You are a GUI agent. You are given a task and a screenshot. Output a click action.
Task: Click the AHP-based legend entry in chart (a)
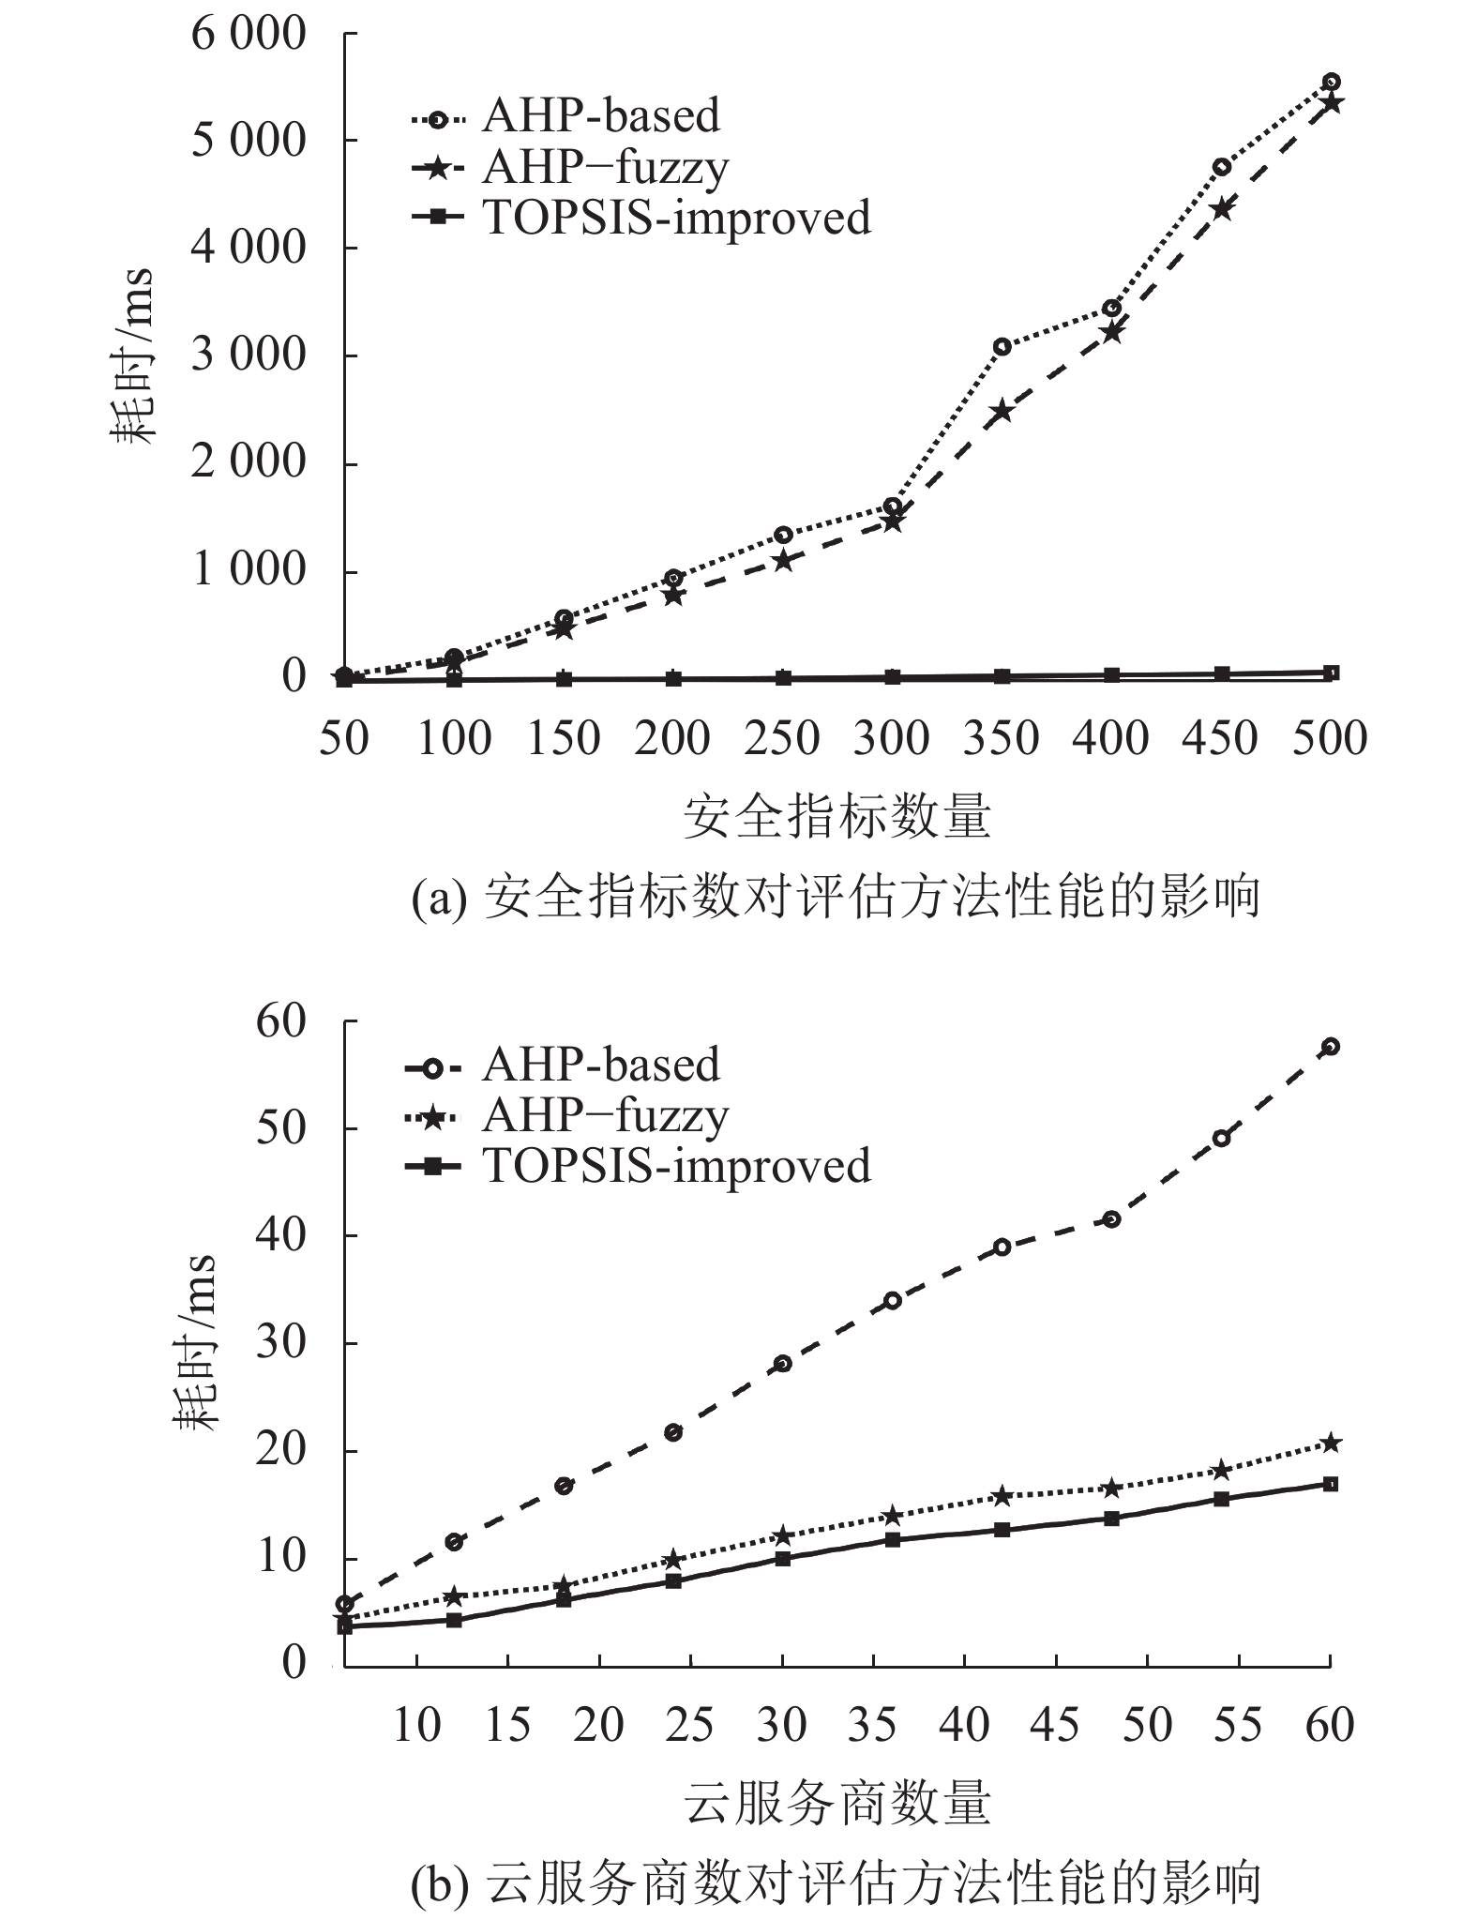[600, 116]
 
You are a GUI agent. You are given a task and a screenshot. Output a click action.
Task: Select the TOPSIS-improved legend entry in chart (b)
[675, 1166]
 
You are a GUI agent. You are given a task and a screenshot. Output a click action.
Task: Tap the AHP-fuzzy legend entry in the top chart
[605, 168]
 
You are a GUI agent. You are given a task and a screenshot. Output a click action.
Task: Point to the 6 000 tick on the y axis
[249, 35]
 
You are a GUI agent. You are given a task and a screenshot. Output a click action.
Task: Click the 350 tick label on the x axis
[1001, 738]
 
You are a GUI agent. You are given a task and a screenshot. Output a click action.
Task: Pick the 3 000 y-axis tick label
[249, 356]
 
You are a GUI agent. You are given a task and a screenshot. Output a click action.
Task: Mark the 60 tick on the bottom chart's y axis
[281, 1021]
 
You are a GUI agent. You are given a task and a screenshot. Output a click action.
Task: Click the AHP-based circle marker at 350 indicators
[1002, 346]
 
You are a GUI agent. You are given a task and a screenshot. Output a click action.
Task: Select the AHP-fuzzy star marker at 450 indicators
[1221, 208]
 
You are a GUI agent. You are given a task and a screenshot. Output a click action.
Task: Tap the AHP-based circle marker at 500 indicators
[1331, 82]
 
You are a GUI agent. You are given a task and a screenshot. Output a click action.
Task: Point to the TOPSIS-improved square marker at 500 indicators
[1331, 673]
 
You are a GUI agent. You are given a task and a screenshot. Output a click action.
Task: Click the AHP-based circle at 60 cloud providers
[1330, 1046]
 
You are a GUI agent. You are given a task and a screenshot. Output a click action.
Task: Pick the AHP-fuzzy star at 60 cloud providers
[1330, 1443]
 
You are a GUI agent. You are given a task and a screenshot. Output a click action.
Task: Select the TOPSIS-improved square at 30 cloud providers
[782, 1558]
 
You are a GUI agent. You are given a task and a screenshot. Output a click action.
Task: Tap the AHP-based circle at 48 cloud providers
[1111, 1219]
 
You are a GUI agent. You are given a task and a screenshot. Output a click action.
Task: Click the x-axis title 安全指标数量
[836, 816]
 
